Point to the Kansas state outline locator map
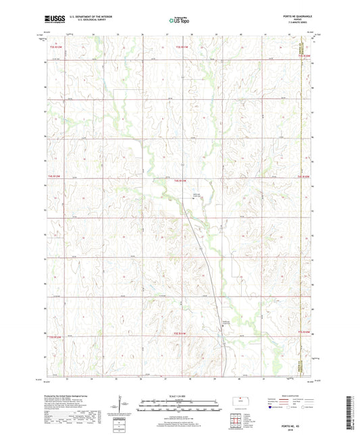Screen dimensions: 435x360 tap(239, 401)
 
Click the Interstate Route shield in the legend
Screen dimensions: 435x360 tap(272, 408)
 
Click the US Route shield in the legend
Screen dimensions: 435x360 tap(289, 408)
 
